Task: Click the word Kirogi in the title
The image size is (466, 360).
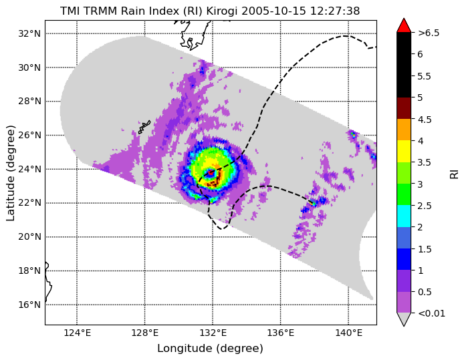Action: pos(222,11)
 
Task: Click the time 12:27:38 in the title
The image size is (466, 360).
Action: pos(335,11)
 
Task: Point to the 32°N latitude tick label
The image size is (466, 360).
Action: pos(29,33)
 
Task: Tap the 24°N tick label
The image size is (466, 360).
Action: pos(29,169)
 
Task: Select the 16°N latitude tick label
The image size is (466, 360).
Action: pos(29,305)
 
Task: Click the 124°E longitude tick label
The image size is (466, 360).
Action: pos(77,333)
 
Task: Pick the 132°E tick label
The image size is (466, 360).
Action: pos(213,333)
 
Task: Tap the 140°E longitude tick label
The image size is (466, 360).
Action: pos(348,333)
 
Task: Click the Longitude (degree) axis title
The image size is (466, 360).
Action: pos(210,349)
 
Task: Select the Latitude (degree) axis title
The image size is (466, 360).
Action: pos(11,173)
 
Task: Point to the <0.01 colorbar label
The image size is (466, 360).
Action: pos(431,313)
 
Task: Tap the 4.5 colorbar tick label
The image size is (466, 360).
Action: pos(425,120)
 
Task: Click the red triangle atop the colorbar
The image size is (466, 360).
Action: pos(404,26)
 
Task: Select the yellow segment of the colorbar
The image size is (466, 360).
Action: pos(404,152)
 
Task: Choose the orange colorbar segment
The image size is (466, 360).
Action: pos(404,130)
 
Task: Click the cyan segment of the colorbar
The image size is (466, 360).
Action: pos(404,216)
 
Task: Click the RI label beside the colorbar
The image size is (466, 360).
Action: pos(455,174)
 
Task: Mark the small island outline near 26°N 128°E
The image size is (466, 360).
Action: pos(144,127)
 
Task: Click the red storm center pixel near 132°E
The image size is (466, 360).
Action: pos(211,172)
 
